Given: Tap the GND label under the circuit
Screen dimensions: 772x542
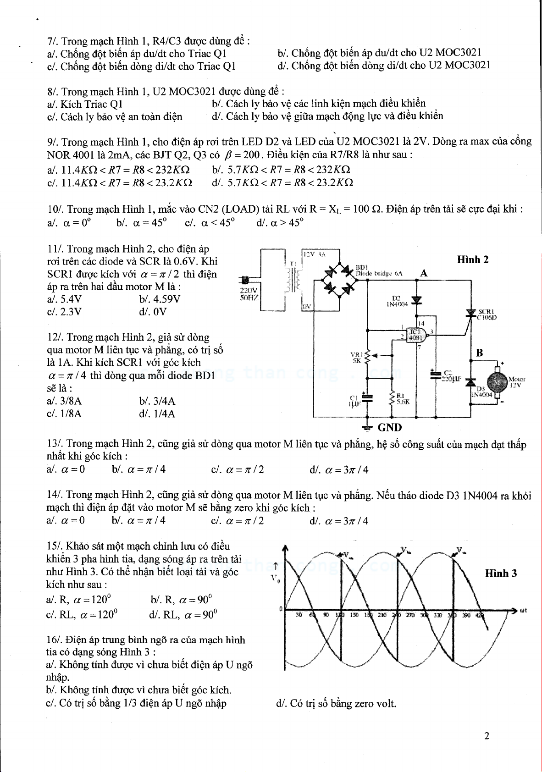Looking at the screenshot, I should point(389,427).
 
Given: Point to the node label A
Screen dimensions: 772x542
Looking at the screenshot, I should point(424,273).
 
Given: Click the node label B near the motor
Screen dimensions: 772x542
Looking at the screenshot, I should point(479,353).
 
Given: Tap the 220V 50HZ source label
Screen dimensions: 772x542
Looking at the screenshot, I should point(249,294).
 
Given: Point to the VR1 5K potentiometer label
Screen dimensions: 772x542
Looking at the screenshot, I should point(357,357).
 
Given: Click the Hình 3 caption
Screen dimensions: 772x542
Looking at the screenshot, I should point(501,573).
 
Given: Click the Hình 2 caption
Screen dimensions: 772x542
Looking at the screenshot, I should point(473,259).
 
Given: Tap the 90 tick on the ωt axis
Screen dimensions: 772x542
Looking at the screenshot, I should point(326,615).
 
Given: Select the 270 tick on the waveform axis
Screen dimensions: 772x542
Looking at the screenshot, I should point(410,615).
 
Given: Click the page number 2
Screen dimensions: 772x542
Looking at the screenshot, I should point(487,736).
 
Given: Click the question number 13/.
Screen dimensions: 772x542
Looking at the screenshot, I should point(55,444).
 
